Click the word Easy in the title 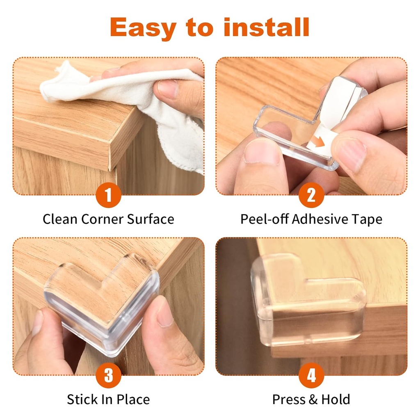click(143, 28)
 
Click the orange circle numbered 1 click(108, 196)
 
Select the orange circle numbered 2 click(311, 196)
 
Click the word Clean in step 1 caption click(60, 219)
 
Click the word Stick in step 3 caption click(82, 399)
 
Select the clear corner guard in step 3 click(103, 304)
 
